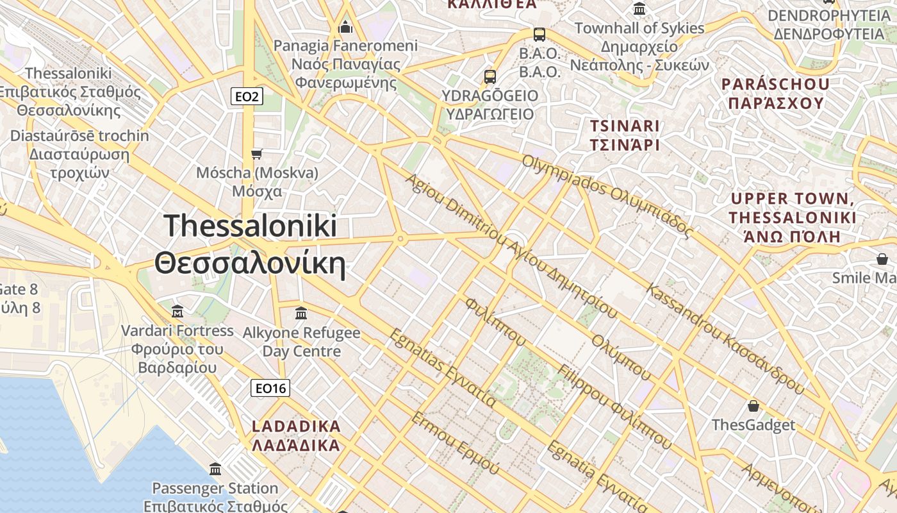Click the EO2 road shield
coord(247,97)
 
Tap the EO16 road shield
coord(270,388)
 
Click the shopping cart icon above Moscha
coord(257,154)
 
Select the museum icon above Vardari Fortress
coord(177,312)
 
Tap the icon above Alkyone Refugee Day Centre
coord(301,314)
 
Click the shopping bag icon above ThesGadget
coord(753,406)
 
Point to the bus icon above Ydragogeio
coord(490,77)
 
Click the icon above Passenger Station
coord(215,469)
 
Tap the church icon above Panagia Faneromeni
coord(345,27)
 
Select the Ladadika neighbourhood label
coord(296,435)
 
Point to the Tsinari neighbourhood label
coord(625,135)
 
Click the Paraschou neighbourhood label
coord(775,93)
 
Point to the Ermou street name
coord(454,442)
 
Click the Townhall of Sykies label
coord(639,46)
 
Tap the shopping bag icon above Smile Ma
coord(882,259)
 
